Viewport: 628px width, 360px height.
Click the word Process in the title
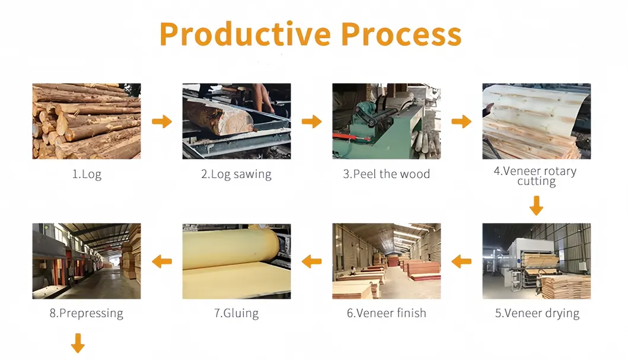(401, 34)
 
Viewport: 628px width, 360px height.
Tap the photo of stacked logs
(87, 121)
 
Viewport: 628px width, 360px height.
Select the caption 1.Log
(87, 174)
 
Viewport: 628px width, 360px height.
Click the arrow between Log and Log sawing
(161, 122)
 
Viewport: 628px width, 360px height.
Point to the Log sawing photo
(236, 121)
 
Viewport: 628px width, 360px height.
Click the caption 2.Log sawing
(236, 174)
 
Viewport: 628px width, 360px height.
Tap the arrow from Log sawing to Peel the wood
(311, 122)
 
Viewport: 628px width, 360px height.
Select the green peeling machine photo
(386, 121)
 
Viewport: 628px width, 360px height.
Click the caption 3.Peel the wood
(386, 174)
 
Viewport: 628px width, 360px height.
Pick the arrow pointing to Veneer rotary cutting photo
(461, 122)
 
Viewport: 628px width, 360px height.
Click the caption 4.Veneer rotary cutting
(536, 176)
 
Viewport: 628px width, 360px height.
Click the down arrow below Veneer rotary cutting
(536, 206)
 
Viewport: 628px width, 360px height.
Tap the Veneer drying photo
(536, 261)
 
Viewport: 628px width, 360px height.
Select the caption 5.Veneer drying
(537, 314)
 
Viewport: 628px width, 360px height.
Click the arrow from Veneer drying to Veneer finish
(461, 261)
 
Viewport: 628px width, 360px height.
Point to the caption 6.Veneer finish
(386, 313)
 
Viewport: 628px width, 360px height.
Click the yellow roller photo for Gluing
(236, 261)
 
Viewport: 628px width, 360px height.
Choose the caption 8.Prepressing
(87, 313)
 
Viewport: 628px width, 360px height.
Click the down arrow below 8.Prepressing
(78, 343)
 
